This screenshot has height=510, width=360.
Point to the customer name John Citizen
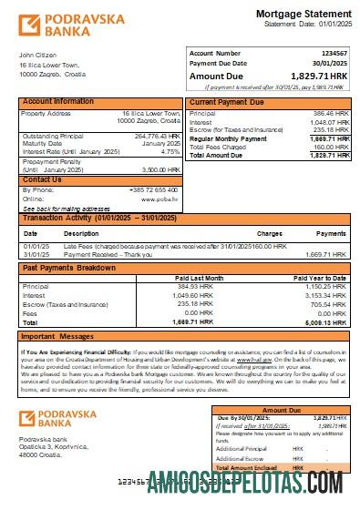pos(39,55)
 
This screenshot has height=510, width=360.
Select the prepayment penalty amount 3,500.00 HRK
pos(160,169)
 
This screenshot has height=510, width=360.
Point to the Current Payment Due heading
pos(227,102)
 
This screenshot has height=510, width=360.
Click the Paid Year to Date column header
pos(319,277)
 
